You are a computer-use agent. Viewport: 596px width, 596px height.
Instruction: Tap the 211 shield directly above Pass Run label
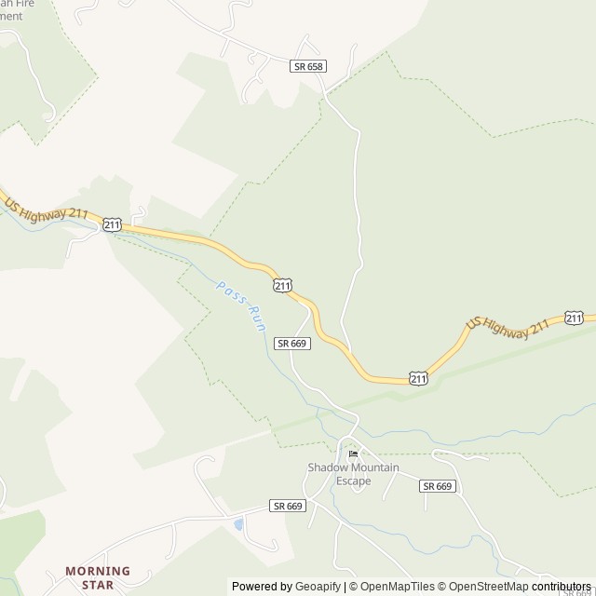(x=283, y=283)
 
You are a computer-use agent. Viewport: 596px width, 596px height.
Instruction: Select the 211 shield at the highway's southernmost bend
(x=418, y=377)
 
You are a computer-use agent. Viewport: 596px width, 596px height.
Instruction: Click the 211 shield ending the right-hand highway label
(x=574, y=318)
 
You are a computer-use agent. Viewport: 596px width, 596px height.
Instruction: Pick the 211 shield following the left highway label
(x=112, y=224)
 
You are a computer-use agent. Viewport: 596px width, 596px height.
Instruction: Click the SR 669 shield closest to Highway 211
(x=292, y=343)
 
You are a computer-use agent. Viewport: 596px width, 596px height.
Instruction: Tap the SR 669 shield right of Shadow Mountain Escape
(x=437, y=486)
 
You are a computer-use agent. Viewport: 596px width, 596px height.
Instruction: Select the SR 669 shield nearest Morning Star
(x=288, y=506)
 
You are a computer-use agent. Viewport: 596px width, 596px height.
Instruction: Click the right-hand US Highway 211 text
(x=508, y=324)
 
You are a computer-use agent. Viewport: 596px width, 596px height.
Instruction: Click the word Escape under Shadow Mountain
(x=354, y=481)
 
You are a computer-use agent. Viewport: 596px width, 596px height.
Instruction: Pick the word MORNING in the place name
(x=98, y=571)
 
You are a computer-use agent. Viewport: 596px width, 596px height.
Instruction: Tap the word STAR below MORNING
(x=98, y=585)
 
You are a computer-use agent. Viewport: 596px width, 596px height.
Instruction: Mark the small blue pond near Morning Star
(x=240, y=524)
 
